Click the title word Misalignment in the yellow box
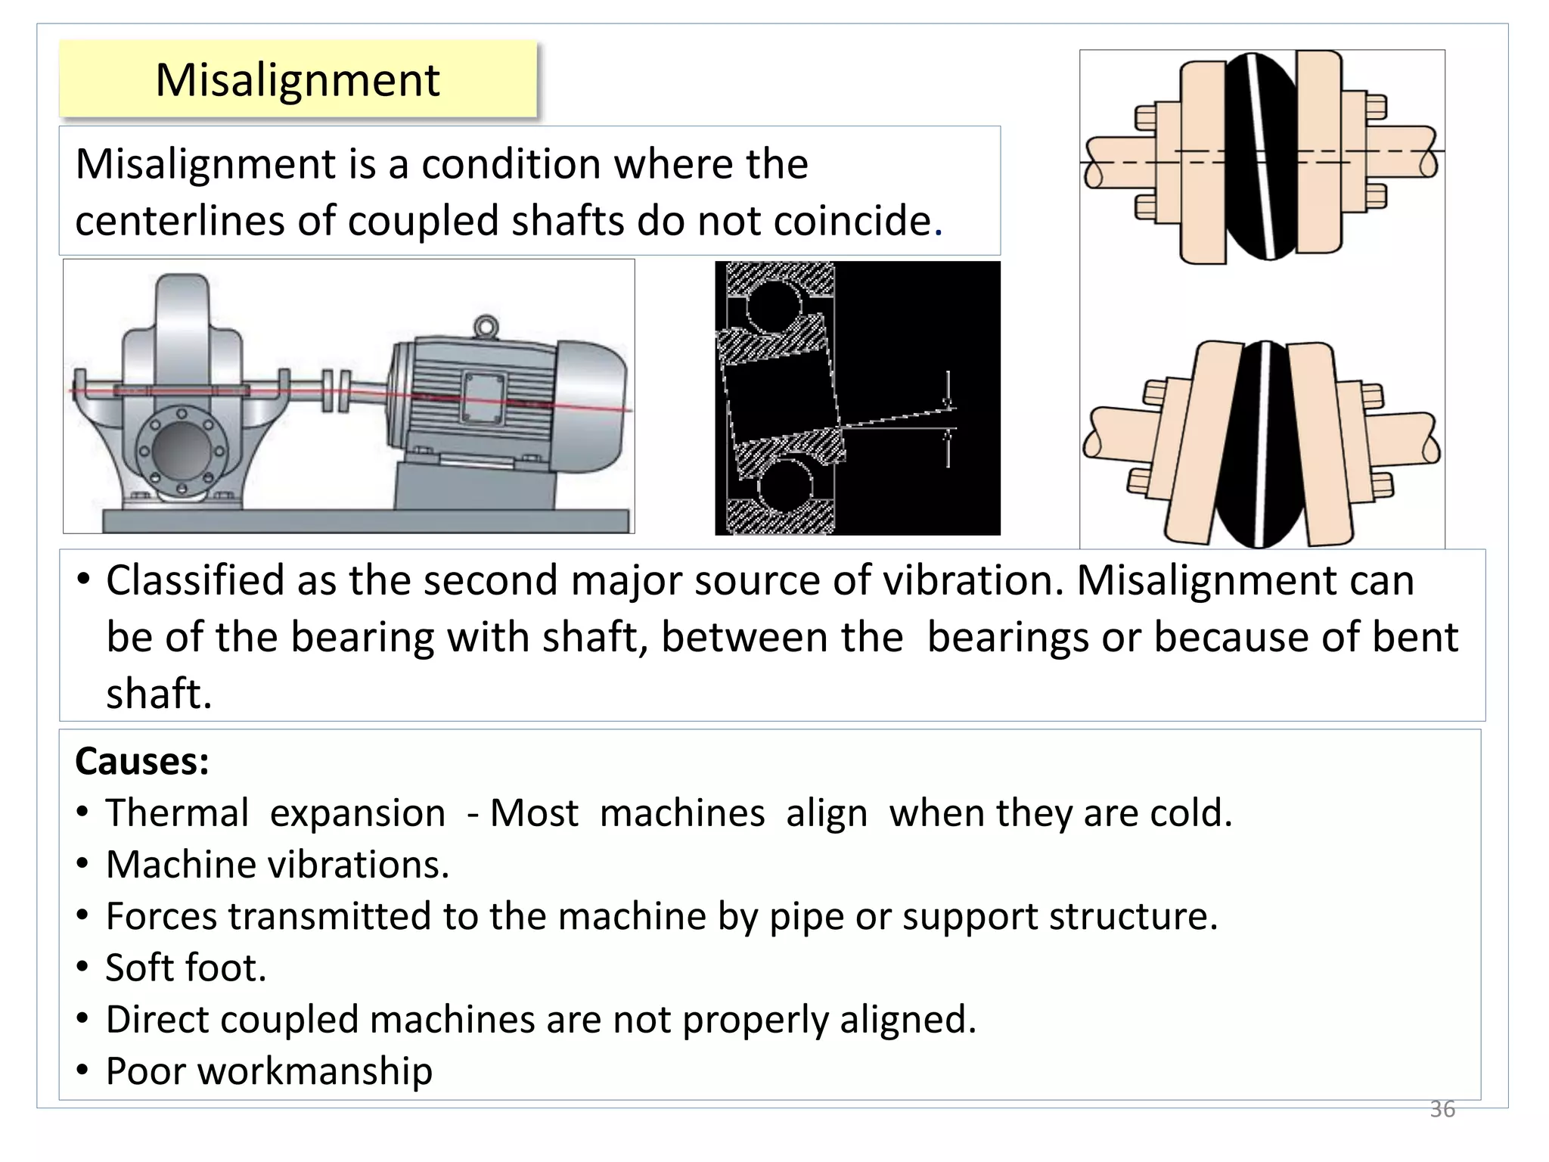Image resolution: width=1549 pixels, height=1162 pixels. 297,79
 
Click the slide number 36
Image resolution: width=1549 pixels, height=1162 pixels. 1442,1109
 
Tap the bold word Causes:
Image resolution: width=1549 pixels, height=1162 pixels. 141,761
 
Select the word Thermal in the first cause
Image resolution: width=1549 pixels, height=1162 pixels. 176,813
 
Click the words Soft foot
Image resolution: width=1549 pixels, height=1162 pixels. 185,968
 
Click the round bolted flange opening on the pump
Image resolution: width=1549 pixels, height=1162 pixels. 182,450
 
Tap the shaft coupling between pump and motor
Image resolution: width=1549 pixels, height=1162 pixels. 336,390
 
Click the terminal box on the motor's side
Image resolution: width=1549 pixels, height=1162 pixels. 483,397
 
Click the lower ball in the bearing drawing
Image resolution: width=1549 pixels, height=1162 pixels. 785,485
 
